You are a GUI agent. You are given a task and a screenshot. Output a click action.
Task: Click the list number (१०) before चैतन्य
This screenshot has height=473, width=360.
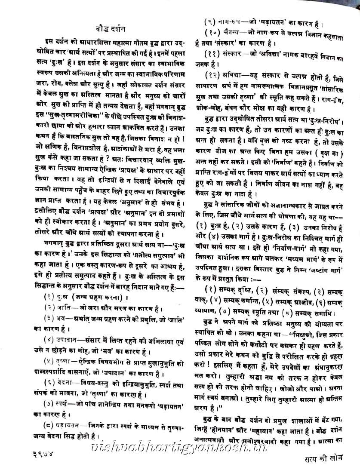(213, 32)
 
